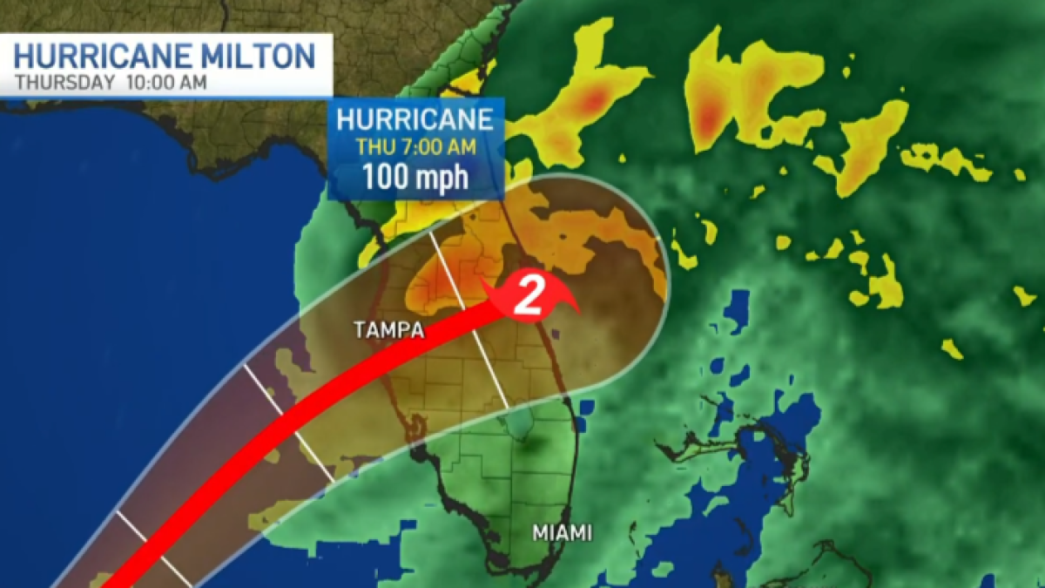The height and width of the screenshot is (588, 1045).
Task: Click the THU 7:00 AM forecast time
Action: [x=415, y=145]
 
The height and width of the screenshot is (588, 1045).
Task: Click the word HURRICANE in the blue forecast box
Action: [x=415, y=118]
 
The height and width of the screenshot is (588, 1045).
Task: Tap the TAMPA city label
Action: [x=389, y=330]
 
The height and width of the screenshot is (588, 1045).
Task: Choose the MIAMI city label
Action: [x=563, y=532]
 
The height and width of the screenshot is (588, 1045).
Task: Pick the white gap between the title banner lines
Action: [x=165, y=71]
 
